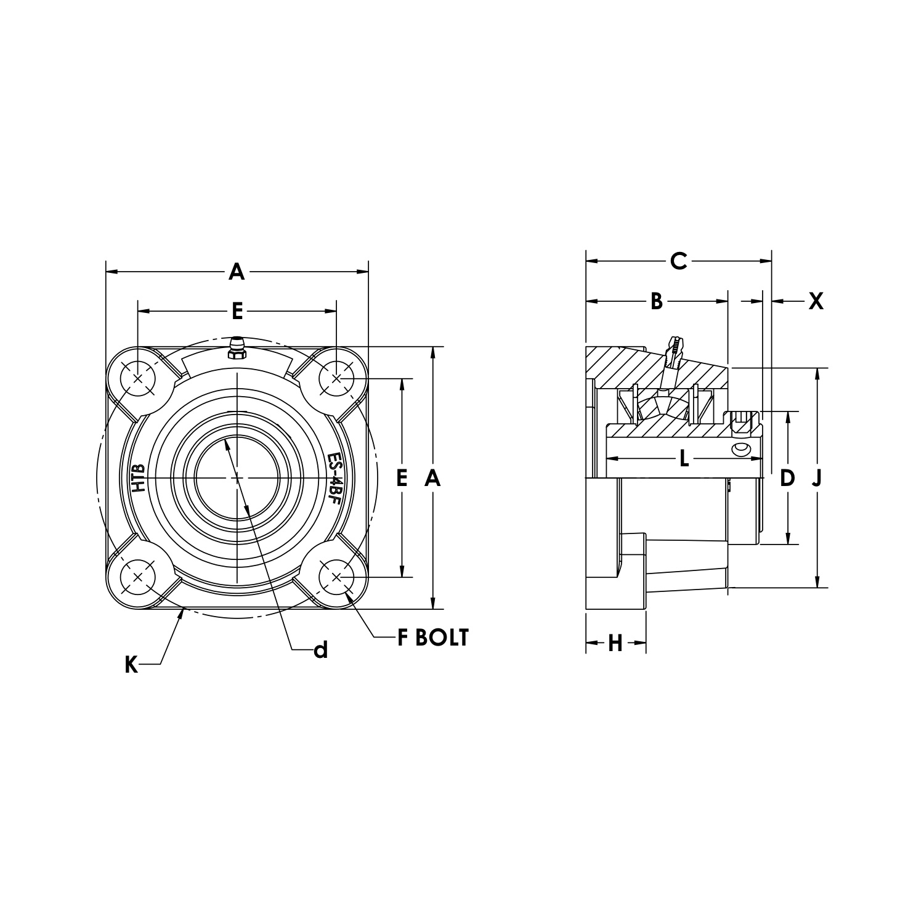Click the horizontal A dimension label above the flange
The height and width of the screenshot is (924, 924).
point(237,272)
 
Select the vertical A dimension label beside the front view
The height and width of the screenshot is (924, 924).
point(433,477)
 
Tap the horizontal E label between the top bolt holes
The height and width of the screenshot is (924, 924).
point(237,312)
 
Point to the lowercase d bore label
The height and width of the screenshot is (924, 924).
point(320,650)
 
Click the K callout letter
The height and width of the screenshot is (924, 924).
point(131,665)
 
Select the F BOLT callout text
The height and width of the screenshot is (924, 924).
point(432,638)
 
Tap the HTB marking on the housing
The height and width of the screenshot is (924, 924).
point(139,477)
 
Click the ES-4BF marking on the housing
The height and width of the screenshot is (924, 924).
point(334,478)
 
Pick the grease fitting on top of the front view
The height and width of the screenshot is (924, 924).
point(237,348)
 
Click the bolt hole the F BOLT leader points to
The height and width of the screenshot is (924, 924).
point(336,577)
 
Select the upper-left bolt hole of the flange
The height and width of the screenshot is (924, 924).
point(137,378)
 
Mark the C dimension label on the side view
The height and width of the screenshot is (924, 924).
point(678,261)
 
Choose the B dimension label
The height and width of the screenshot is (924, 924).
point(657,301)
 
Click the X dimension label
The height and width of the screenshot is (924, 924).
point(816,301)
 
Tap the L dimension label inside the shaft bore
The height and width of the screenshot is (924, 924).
point(684,458)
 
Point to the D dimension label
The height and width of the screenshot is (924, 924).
point(787,478)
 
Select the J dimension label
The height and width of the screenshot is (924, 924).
point(817,478)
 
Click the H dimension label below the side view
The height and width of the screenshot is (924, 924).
point(615,644)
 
